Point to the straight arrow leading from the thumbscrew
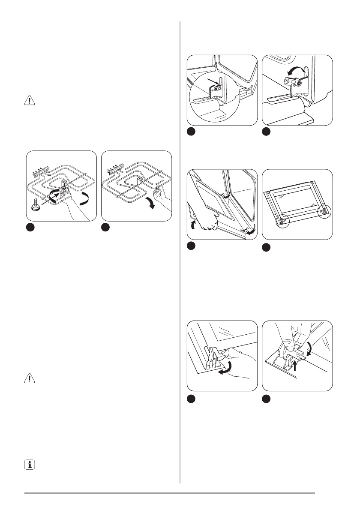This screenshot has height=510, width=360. pos(49,195)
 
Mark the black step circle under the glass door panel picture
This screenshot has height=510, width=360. pos(267,246)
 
